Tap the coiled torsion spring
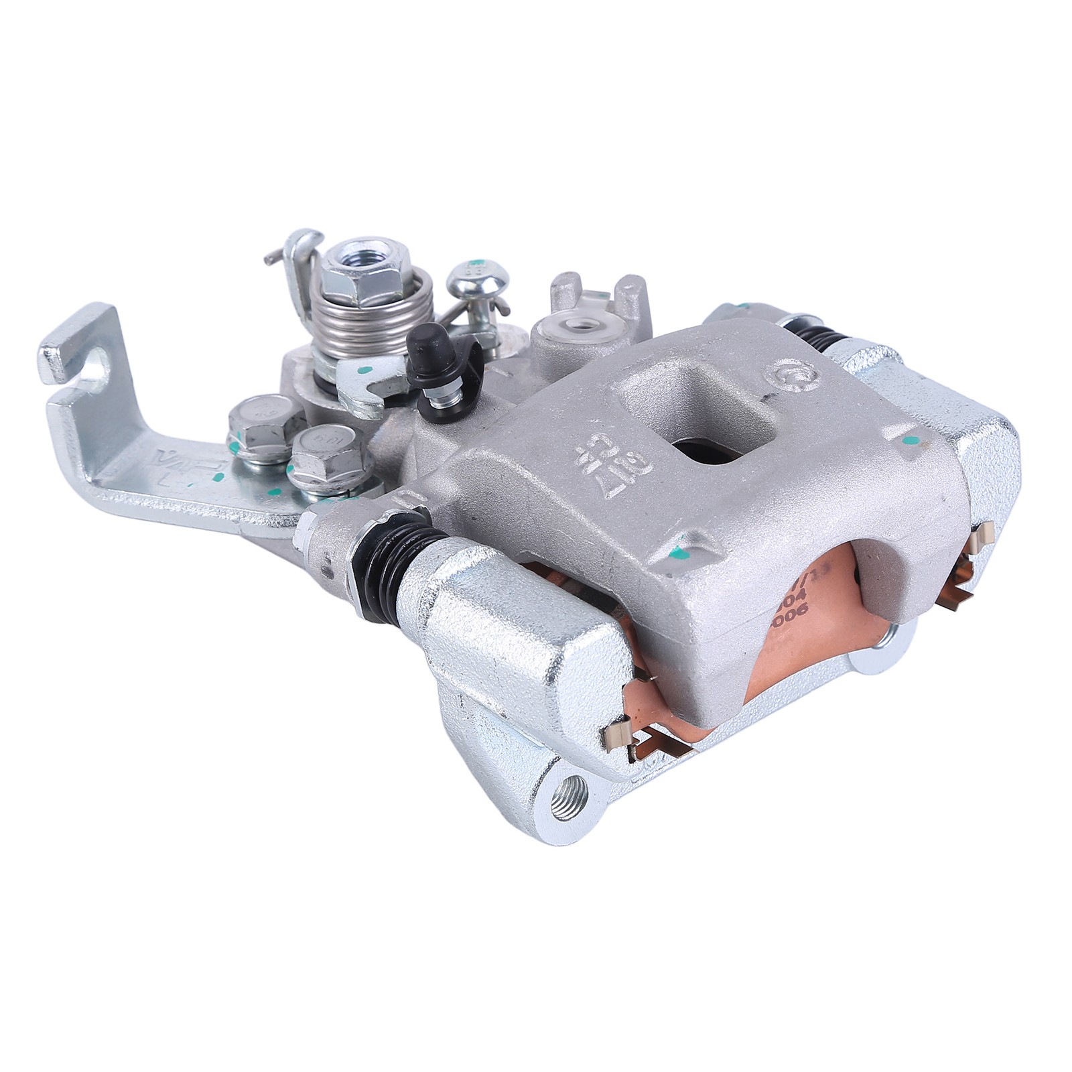click(x=342, y=308)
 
